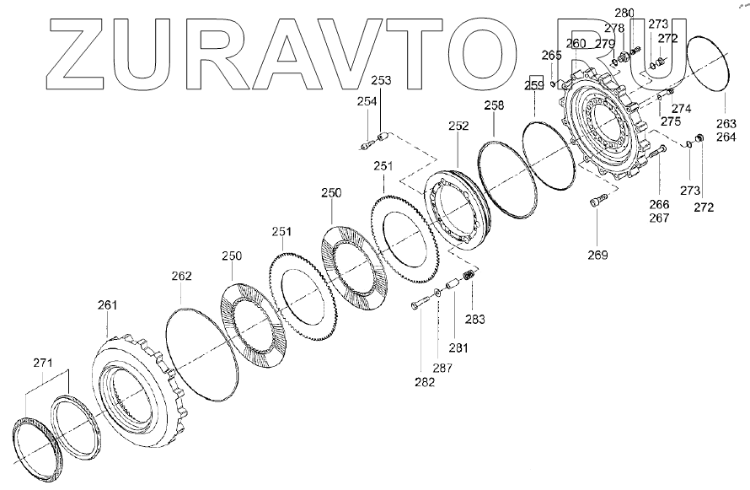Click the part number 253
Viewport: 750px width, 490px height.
pos(381,80)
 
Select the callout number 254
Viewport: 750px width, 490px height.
pos(366,101)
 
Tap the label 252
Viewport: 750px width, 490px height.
pos(458,126)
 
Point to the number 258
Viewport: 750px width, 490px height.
pos(494,105)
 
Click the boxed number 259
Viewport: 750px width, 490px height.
pos(535,85)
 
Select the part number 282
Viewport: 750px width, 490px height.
pos(425,383)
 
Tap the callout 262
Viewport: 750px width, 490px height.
pos(181,276)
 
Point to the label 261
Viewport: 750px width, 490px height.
pos(108,304)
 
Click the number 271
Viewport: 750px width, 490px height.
pos(43,363)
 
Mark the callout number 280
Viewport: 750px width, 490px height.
pos(624,13)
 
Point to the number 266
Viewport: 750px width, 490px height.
pos(659,204)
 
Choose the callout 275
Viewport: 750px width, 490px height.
pos(671,122)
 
